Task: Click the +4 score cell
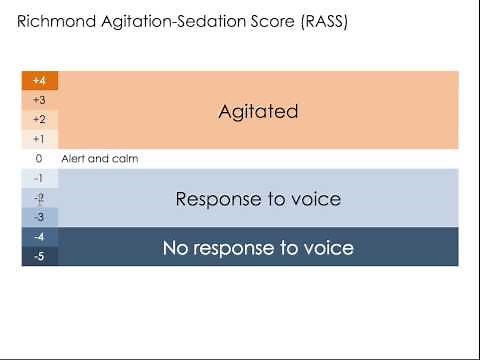39,81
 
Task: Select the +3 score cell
39,100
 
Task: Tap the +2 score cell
39,120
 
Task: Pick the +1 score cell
39,139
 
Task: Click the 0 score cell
39,159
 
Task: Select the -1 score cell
39,178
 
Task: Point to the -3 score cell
39,217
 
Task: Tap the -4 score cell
39,237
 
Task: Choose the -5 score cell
39,256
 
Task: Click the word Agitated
258,112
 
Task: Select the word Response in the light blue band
215,200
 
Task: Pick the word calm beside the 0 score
125,159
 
